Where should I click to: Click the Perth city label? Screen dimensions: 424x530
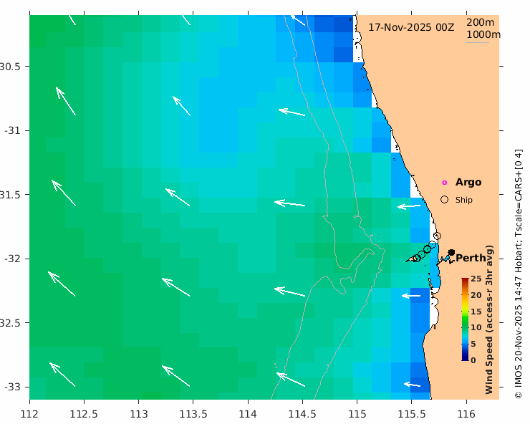pyautogui.click(x=471, y=258)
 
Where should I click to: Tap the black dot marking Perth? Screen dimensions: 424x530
pyautogui.click(x=451, y=252)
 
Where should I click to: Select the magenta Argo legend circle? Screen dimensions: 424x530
pyautogui.click(x=444, y=183)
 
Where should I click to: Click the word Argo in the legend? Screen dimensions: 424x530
pyautogui.click(x=468, y=183)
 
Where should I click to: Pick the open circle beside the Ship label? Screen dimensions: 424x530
pyautogui.click(x=444, y=200)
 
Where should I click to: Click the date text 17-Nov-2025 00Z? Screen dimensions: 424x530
pyautogui.click(x=411, y=26)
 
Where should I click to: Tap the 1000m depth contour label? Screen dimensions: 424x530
pyautogui.click(x=483, y=34)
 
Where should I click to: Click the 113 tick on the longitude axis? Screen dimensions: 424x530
pyautogui.click(x=139, y=414)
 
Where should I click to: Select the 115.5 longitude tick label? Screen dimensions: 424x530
pyautogui.click(x=412, y=414)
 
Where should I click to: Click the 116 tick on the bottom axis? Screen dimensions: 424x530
pyautogui.click(x=466, y=414)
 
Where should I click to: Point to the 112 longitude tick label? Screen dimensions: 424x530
pyautogui.click(x=29, y=414)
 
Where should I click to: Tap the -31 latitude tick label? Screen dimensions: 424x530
pyautogui.click(x=12, y=130)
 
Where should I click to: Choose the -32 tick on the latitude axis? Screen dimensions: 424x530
pyautogui.click(x=12, y=259)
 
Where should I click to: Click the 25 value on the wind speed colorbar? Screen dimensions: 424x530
pyautogui.click(x=476, y=278)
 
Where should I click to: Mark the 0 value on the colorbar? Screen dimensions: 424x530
pyautogui.click(x=473, y=360)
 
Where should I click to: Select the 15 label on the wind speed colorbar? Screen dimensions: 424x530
pyautogui.click(x=476, y=311)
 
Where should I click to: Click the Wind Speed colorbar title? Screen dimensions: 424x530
pyautogui.click(x=490, y=319)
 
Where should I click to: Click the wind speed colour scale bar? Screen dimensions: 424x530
pyautogui.click(x=465, y=319)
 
